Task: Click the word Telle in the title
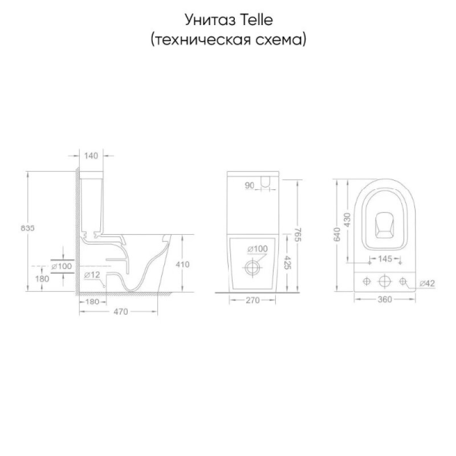(256, 20)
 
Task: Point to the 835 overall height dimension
(27, 228)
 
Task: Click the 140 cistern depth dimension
(91, 156)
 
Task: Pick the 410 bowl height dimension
(182, 264)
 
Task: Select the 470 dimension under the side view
(121, 312)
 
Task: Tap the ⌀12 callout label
(92, 275)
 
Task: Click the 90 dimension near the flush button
(250, 185)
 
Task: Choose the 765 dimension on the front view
(298, 235)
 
